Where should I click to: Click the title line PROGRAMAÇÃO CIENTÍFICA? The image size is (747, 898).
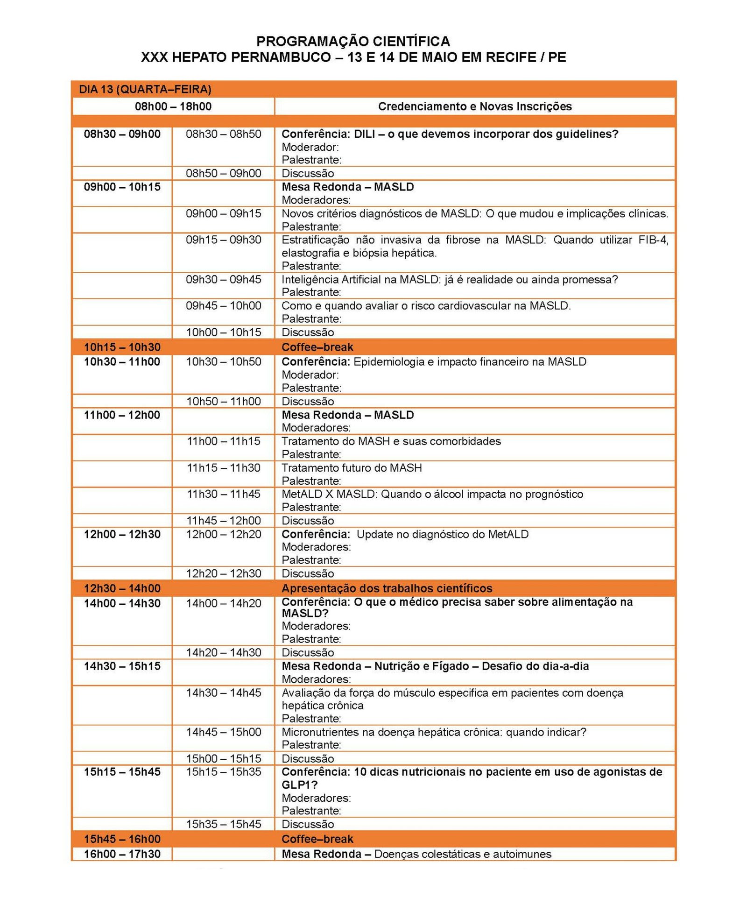(x=353, y=42)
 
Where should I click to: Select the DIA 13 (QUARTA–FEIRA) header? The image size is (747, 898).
(x=145, y=89)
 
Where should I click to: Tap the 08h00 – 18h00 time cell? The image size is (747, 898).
(x=173, y=106)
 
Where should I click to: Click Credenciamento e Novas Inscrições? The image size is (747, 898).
(x=474, y=106)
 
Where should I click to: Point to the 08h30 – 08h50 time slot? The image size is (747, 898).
(x=223, y=134)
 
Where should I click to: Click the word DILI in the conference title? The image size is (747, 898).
(x=364, y=134)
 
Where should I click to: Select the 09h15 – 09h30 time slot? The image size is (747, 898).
(x=223, y=240)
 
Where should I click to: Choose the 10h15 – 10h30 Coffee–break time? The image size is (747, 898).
(x=122, y=347)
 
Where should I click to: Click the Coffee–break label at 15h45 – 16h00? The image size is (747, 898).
(x=317, y=839)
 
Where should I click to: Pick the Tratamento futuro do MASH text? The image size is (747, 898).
(x=351, y=468)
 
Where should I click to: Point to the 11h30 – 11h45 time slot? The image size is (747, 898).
(x=223, y=494)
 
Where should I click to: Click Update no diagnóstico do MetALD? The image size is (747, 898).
(x=442, y=534)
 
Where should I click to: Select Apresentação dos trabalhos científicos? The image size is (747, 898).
(x=387, y=588)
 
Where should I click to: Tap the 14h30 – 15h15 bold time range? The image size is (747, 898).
(x=122, y=666)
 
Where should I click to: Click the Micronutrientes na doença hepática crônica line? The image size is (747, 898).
(x=433, y=732)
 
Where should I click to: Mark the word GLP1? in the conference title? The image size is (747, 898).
(x=299, y=785)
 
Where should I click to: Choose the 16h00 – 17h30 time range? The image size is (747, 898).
(x=122, y=854)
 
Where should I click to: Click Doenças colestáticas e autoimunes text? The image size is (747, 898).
(x=462, y=854)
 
